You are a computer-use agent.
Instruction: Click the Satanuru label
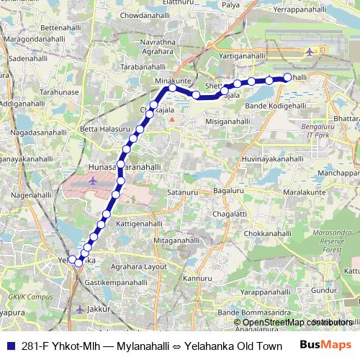point(182,192)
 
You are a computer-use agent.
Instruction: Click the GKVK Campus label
point(27,296)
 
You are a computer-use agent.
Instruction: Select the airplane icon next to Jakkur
point(79,309)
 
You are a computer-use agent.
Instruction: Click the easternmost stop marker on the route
point(287,77)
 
